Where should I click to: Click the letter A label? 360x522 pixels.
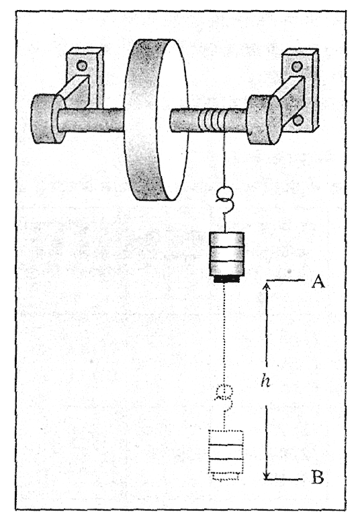318,281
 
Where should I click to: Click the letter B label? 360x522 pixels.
318,478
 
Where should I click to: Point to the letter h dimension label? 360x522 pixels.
265,380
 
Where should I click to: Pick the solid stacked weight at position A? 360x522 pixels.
226,257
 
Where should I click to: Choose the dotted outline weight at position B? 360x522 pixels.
226,455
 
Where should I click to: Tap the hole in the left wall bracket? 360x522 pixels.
82,65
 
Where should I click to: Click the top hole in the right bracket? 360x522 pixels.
297,67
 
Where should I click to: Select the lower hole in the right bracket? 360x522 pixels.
298,120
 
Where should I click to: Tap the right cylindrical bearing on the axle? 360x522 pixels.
265,120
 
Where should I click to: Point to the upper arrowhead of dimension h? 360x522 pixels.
266,286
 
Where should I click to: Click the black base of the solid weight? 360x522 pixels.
226,279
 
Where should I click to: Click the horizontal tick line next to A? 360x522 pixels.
285,281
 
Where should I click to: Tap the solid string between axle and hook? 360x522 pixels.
224,159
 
